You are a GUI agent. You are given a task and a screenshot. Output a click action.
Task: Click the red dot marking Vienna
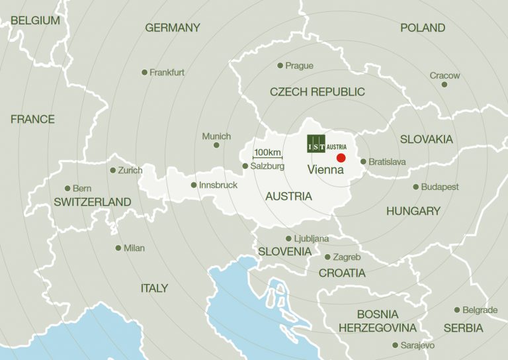pyautogui.click(x=341, y=157)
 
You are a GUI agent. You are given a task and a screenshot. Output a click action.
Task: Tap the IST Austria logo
pyautogui.click(x=327, y=144)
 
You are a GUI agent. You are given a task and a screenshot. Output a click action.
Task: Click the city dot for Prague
pyautogui.click(x=280, y=66)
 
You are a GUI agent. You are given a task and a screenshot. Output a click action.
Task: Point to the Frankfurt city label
pyautogui.click(x=167, y=72)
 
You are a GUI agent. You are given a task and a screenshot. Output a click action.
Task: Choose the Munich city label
pyautogui.click(x=216, y=136)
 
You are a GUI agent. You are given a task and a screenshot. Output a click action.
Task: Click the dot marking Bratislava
pyautogui.click(x=362, y=161)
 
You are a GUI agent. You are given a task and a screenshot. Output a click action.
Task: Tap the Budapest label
pyautogui.click(x=440, y=187)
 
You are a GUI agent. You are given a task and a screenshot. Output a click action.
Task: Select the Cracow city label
pyautogui.click(x=444, y=75)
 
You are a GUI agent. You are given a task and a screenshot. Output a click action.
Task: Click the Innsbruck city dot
pyautogui.click(x=193, y=185)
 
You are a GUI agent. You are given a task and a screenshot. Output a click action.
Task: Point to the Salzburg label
pyautogui.click(x=267, y=166)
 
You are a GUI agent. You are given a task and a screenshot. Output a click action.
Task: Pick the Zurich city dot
pyautogui.click(x=112, y=170)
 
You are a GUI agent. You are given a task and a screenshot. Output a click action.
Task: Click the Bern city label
pyautogui.click(x=81, y=189)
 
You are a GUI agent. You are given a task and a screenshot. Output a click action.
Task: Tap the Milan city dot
pyautogui.click(x=118, y=248)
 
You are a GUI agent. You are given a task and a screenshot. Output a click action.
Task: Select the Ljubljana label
pyautogui.click(x=311, y=239)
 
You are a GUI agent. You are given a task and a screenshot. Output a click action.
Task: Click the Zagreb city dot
pyautogui.click(x=327, y=257)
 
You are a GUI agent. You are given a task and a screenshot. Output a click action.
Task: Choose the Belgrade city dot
pyautogui.click(x=456, y=310)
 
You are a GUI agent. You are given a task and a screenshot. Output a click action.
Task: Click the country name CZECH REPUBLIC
pyautogui.click(x=317, y=92)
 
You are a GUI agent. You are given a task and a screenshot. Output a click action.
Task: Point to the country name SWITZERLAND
pyautogui.click(x=93, y=202)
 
